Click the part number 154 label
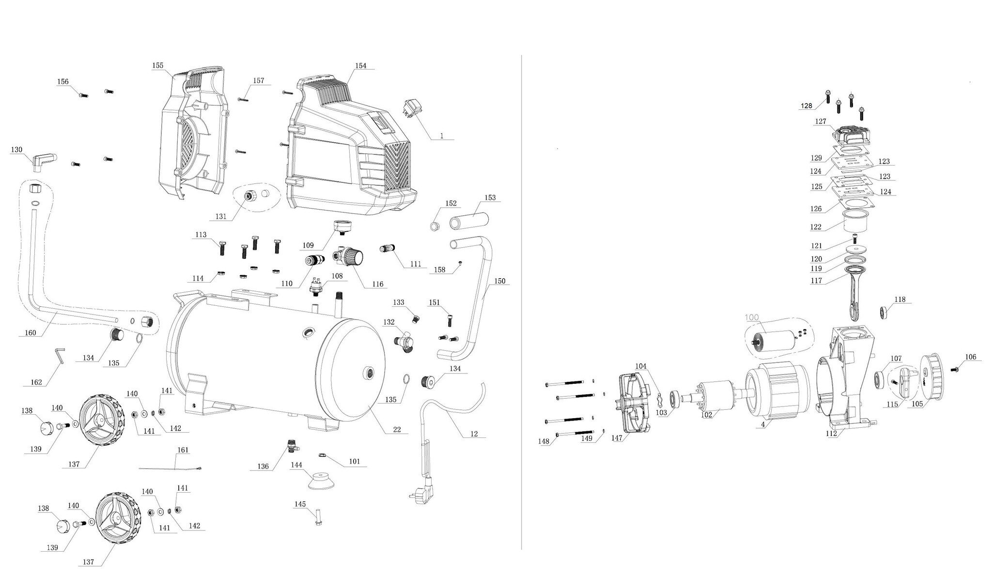(361, 66)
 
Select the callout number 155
(157, 66)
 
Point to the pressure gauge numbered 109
(342, 227)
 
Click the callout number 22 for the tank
(397, 430)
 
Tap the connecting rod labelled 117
(853, 293)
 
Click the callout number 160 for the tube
(30, 333)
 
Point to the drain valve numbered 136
(292, 445)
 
